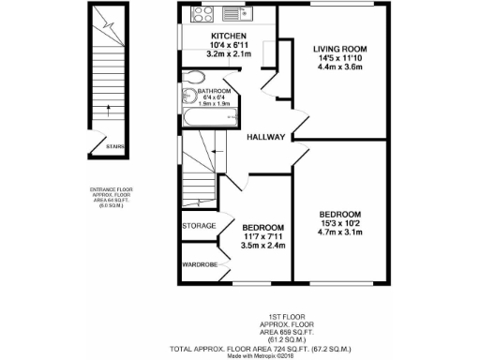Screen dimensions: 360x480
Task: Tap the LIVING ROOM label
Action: tap(338, 48)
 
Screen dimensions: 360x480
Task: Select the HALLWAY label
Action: tap(265, 137)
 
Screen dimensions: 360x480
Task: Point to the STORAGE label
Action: tap(199, 226)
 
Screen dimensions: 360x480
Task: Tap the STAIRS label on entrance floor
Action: tap(115, 146)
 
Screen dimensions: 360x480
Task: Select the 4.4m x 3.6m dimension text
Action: tap(338, 67)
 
